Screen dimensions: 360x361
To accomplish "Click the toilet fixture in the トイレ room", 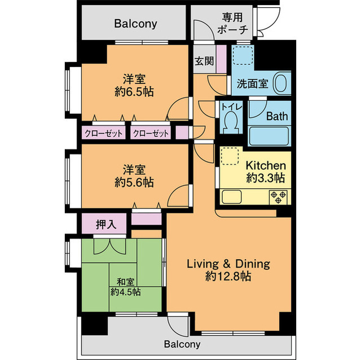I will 230,121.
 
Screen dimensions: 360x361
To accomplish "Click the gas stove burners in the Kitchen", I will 279,197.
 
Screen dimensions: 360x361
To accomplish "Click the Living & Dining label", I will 228,264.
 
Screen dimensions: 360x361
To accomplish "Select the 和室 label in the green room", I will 125,282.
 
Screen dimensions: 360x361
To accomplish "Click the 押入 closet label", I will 105,224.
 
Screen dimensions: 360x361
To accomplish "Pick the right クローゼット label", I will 151,134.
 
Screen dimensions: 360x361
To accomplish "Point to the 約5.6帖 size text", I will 134,182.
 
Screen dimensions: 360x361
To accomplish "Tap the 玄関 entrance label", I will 203,61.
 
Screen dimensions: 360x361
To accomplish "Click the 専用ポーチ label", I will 232,24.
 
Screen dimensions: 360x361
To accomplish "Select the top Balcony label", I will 135,24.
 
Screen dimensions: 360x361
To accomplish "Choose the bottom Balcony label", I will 183,344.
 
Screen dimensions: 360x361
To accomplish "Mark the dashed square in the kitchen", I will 230,156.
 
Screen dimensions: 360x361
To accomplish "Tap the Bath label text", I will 277,117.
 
